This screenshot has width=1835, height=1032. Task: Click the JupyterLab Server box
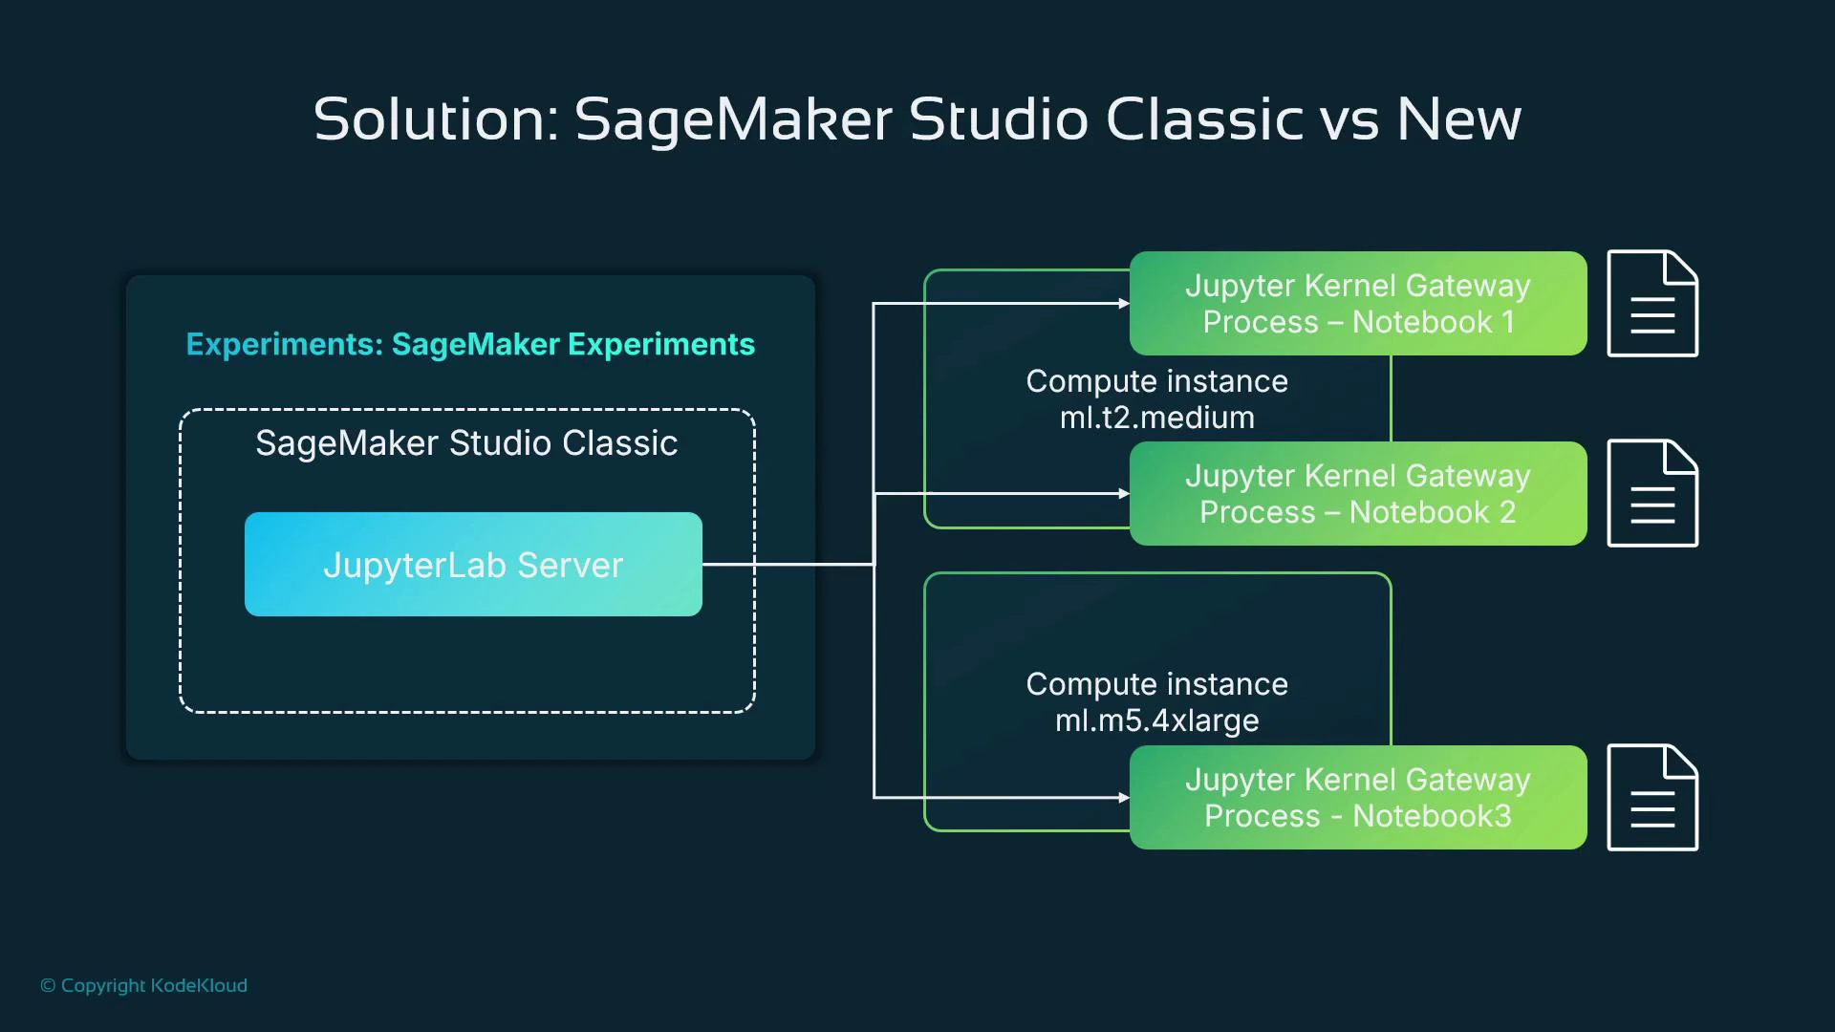(x=473, y=564)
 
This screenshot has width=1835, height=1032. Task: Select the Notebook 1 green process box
(x=1357, y=303)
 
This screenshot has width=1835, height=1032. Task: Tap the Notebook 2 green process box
(x=1357, y=493)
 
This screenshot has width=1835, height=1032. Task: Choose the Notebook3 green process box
(x=1357, y=797)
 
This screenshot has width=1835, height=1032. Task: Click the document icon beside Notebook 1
(x=1651, y=304)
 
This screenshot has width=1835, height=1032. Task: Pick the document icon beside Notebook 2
(x=1651, y=493)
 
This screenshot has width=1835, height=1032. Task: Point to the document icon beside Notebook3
(x=1651, y=797)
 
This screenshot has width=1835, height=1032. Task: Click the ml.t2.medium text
(x=1156, y=418)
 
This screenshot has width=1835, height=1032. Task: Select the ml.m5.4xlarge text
(x=1156, y=720)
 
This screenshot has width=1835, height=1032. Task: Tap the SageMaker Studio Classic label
(x=466, y=443)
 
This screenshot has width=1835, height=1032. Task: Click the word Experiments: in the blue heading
(x=284, y=344)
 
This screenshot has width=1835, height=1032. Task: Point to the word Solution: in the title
(x=435, y=120)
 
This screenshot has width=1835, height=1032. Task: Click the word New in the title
(x=1458, y=120)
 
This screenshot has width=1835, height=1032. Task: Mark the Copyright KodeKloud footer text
(x=144, y=985)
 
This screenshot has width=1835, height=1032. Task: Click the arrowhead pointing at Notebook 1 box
(x=1124, y=304)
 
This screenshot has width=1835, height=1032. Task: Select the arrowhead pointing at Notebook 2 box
(x=1124, y=494)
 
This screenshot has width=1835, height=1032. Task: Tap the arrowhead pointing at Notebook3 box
(x=1124, y=798)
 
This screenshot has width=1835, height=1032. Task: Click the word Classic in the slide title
(x=1204, y=120)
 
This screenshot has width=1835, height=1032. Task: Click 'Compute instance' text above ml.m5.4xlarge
(x=1156, y=684)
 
